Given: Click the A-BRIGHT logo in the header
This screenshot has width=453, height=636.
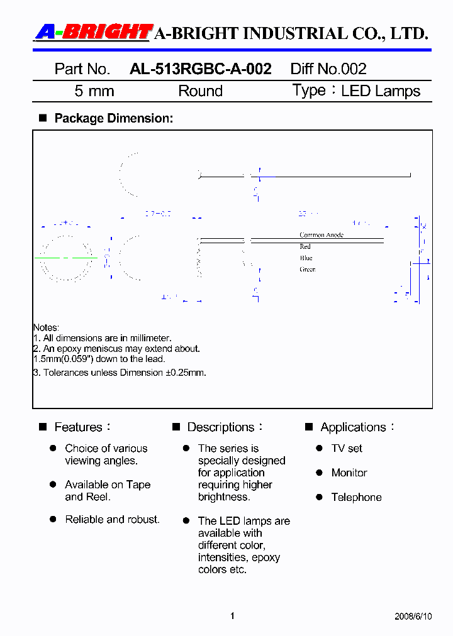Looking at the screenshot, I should [x=94, y=32].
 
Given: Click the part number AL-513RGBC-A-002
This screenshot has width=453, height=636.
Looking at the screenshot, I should [x=200, y=69].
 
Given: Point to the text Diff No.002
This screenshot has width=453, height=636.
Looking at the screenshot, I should [x=328, y=69].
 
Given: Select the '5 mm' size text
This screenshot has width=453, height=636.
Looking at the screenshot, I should [x=94, y=91].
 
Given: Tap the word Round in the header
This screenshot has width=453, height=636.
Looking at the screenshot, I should [x=200, y=91].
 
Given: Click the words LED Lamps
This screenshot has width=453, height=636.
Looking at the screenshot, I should [x=380, y=91].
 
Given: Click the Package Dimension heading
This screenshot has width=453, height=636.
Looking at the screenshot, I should [x=113, y=118].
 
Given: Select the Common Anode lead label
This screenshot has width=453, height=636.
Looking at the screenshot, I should [x=321, y=235].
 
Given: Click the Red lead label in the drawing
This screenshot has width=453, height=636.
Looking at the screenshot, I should [x=305, y=246].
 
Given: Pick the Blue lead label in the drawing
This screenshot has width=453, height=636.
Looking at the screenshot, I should [x=306, y=258].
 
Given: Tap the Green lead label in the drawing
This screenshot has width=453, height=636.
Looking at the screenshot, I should [x=307, y=269].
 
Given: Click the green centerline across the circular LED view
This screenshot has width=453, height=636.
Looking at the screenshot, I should [x=66, y=258].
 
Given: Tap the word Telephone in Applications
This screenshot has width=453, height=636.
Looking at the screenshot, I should [x=356, y=497].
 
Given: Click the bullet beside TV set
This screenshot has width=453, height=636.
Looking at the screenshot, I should [x=318, y=448].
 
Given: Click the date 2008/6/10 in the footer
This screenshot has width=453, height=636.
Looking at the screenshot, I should [x=414, y=616].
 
